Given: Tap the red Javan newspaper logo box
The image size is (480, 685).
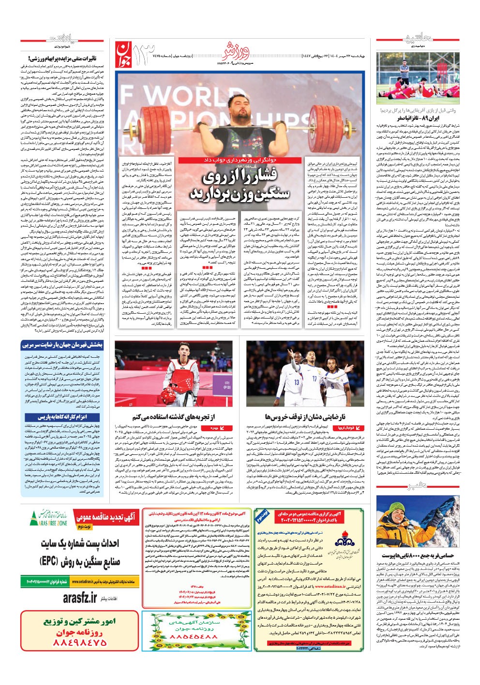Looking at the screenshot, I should [x=123, y=54].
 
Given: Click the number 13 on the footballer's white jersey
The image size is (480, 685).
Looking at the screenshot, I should [x=297, y=382].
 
